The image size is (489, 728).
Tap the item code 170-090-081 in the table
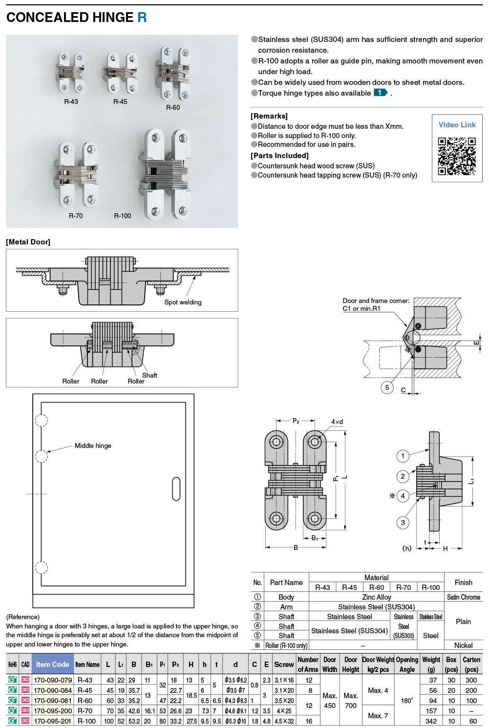(x=53, y=700)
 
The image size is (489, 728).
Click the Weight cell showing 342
(x=431, y=721)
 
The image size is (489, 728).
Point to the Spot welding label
(x=183, y=302)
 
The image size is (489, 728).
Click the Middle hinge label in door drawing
(x=93, y=445)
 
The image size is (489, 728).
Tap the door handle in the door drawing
(x=176, y=488)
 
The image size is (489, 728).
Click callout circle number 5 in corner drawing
(x=387, y=387)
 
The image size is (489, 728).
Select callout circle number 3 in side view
(x=403, y=523)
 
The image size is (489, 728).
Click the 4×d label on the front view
(x=337, y=422)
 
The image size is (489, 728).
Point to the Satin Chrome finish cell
(x=463, y=597)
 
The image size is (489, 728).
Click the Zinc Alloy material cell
(x=376, y=597)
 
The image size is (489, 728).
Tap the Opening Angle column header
(x=407, y=664)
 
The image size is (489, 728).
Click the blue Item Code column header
(x=53, y=664)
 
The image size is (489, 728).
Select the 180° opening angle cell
(x=407, y=700)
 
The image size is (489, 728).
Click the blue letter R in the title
(x=142, y=18)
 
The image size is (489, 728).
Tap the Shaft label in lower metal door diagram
(x=149, y=375)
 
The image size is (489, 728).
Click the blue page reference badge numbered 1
(x=380, y=93)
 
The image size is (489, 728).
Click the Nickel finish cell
(x=463, y=645)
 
